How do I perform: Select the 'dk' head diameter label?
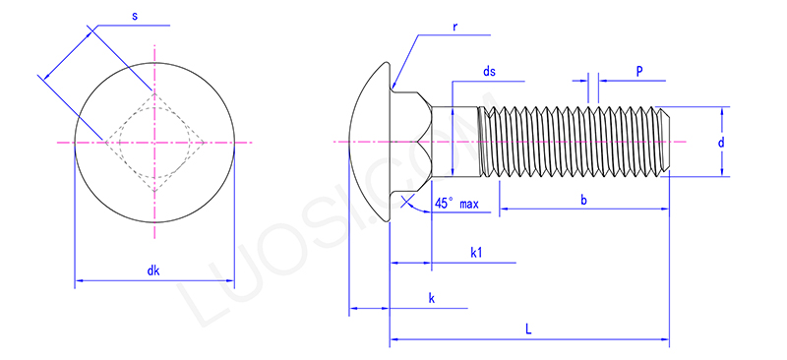[x=153, y=270]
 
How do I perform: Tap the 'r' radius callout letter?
[x=454, y=26]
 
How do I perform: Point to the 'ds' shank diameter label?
[x=489, y=72]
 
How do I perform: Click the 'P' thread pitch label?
[x=639, y=72]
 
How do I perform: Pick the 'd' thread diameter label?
[x=721, y=143]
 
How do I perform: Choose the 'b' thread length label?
[x=583, y=200]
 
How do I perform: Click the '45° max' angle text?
[x=457, y=204]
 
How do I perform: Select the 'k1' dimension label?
[x=475, y=253]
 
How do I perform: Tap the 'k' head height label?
[x=431, y=297]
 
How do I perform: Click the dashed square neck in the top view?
[x=153, y=143]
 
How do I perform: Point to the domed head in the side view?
[x=370, y=143]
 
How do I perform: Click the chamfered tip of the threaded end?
[x=666, y=143]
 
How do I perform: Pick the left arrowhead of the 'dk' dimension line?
[x=79, y=282]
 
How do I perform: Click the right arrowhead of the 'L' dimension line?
[x=665, y=341]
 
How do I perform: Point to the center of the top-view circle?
[x=153, y=143]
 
